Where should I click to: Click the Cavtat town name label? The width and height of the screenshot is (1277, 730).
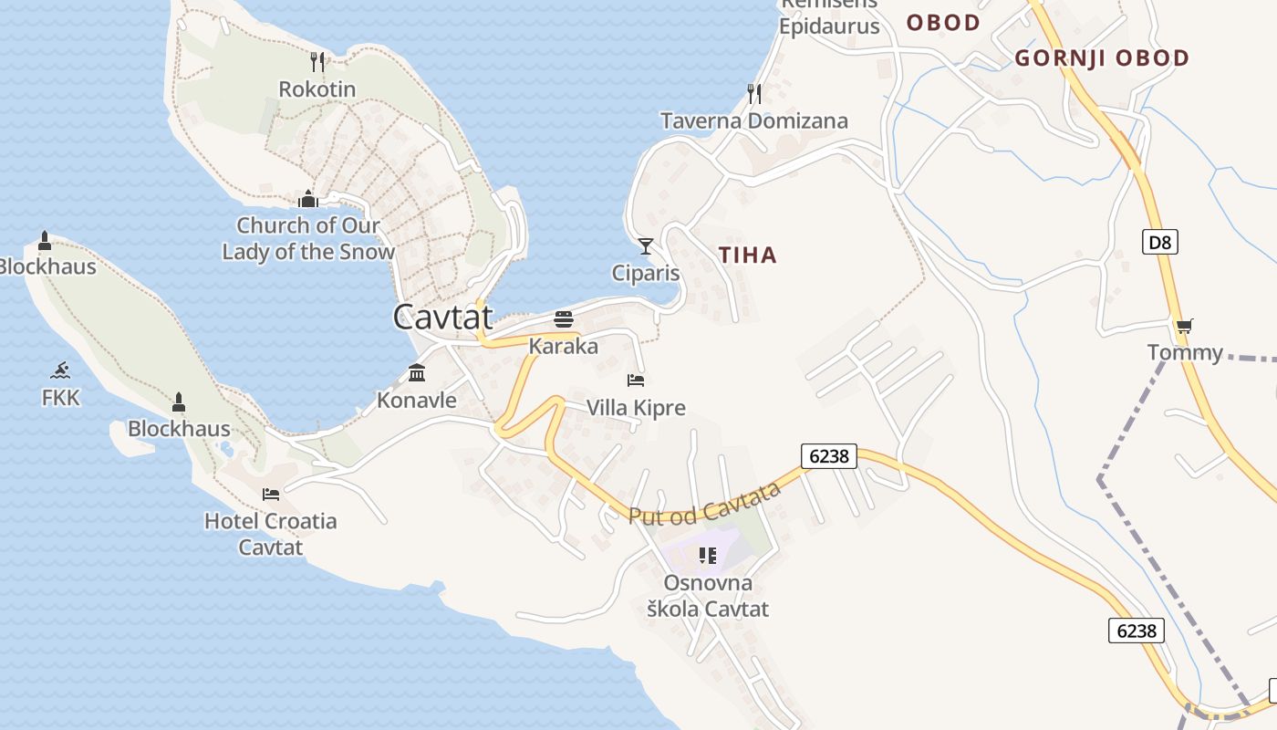[x=442, y=318]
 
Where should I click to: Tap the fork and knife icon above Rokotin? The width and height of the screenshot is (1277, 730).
[x=317, y=62]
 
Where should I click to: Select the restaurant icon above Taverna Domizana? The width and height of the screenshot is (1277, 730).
[x=754, y=93]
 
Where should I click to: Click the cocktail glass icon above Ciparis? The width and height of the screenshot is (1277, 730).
[x=646, y=245]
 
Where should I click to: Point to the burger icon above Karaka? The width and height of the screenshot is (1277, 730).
[x=564, y=319]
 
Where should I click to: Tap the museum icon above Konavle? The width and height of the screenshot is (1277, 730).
[x=417, y=372]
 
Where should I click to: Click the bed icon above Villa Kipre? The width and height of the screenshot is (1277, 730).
[x=636, y=380]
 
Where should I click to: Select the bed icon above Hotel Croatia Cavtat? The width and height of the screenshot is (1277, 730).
[x=270, y=495]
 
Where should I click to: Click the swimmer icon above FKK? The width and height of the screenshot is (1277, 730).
[x=61, y=370]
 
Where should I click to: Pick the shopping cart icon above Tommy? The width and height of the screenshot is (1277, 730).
[x=1184, y=326]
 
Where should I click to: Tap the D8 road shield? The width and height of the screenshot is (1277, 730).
[x=1160, y=242]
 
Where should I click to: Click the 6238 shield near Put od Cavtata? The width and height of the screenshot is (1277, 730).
[x=829, y=455]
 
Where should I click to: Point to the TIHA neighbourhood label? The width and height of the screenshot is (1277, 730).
[x=748, y=255]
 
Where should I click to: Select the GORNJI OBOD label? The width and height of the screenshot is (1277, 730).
[x=1102, y=58]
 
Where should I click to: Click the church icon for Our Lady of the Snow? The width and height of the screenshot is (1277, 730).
[x=308, y=199]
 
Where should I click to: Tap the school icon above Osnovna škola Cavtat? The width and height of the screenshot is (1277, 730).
[x=707, y=555]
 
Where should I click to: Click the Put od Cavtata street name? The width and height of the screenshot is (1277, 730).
[x=705, y=504]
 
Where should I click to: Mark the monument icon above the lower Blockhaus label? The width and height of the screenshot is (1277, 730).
[x=179, y=401]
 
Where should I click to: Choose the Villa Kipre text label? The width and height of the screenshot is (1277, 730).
[x=636, y=408]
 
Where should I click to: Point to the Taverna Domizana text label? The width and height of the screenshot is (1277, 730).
[x=754, y=120]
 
